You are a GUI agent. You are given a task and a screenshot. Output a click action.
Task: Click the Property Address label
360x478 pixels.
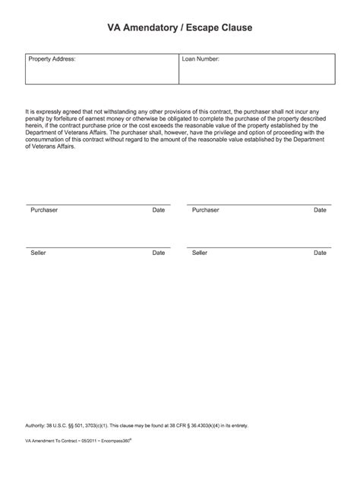pyautogui.click(x=52, y=58)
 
